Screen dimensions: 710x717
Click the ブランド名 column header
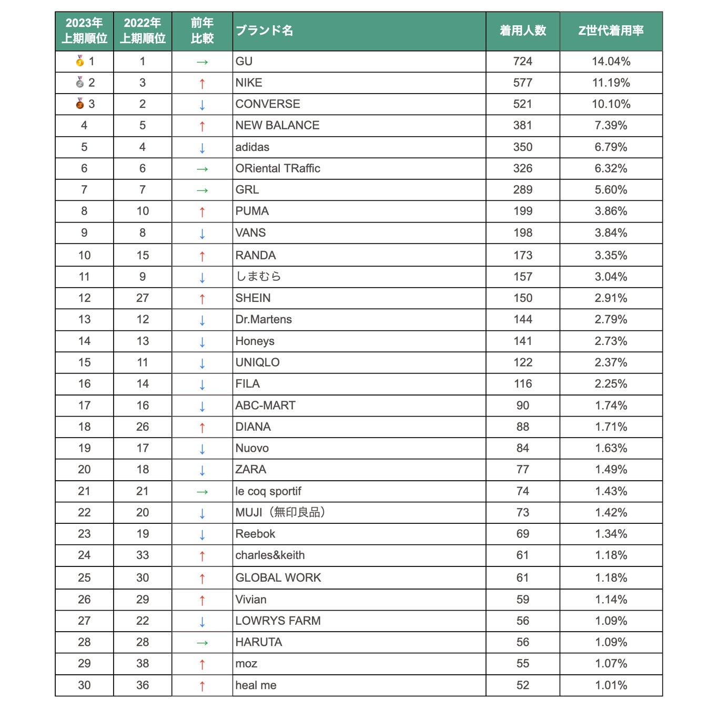(264, 31)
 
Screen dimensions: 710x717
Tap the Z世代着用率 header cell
(611, 31)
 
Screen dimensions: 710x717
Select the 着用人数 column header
(522, 31)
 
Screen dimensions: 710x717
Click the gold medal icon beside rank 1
(80, 61)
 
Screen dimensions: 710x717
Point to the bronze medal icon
(80, 104)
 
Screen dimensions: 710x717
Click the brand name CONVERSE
(268, 104)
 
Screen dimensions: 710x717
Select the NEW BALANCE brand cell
(277, 125)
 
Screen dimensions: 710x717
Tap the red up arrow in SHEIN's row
(202, 299)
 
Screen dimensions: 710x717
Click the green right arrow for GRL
(202, 190)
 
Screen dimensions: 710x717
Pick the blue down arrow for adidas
(202, 148)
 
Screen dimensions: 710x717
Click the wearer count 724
(522, 62)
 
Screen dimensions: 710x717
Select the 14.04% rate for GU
(611, 62)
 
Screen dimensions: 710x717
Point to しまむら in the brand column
(258, 277)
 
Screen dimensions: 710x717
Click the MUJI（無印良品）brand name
(280, 512)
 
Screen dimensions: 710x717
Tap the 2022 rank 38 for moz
(143, 664)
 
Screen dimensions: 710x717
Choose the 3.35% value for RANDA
(611, 256)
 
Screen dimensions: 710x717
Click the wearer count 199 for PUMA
(522, 211)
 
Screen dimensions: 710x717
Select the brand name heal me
(256, 685)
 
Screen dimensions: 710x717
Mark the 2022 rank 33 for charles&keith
(143, 555)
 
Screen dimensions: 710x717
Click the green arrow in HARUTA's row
(202, 643)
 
